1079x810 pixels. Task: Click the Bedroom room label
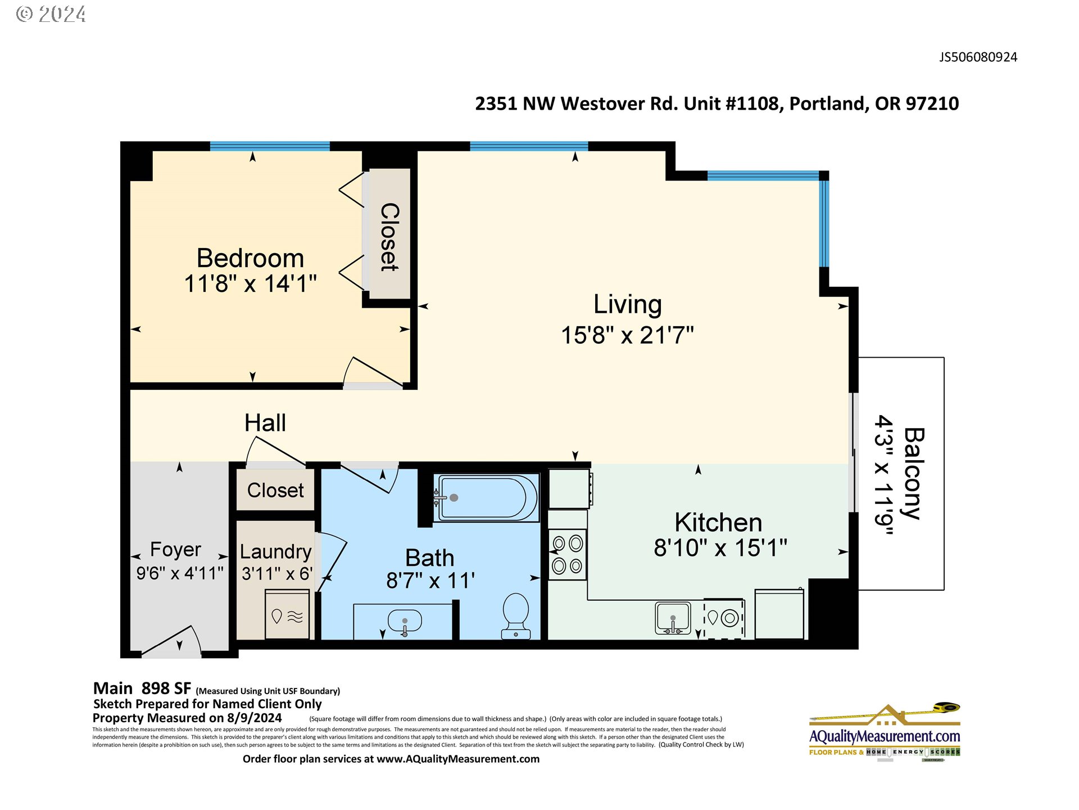tap(250, 258)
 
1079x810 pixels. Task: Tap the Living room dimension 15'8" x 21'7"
tap(627, 335)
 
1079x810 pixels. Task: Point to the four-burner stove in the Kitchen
tap(567, 555)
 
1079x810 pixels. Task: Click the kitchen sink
tap(673, 618)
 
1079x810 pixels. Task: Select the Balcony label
tap(914, 473)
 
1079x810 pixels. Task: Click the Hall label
tap(265, 423)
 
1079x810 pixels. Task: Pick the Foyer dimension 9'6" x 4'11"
tap(180, 573)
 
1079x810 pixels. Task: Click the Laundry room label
tap(275, 551)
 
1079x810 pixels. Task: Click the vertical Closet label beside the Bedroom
tap(389, 237)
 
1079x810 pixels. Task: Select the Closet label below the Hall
tap(275, 490)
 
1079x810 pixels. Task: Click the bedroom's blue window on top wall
tap(270, 146)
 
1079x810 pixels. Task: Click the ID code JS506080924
tap(978, 57)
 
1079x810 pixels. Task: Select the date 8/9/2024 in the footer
tap(254, 718)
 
